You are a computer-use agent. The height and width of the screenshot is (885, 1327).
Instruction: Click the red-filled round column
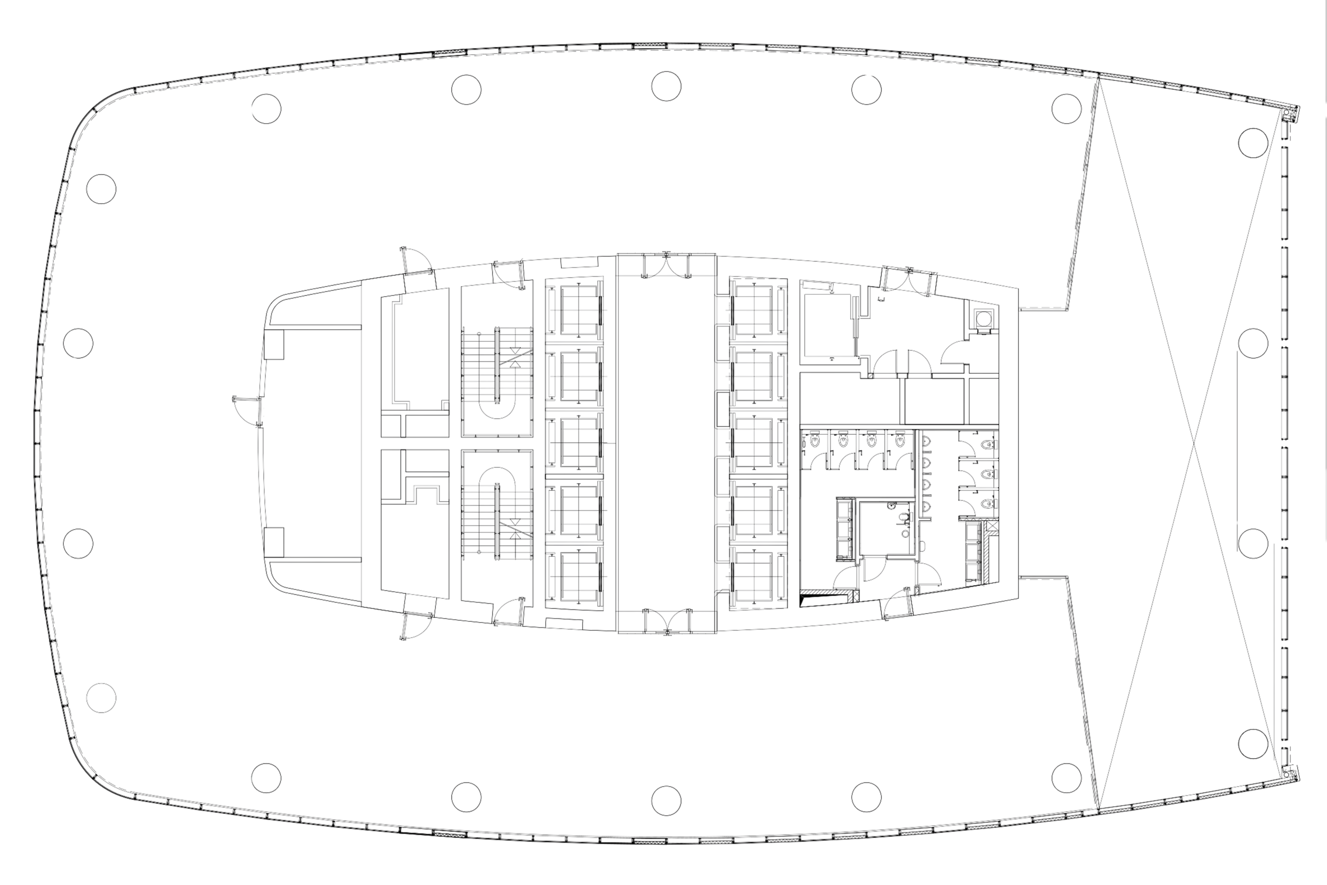coord(667,86)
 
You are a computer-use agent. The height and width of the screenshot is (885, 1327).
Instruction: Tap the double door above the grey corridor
coord(666,267)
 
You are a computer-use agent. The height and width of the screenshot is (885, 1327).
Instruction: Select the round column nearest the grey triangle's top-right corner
coord(1253,142)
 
